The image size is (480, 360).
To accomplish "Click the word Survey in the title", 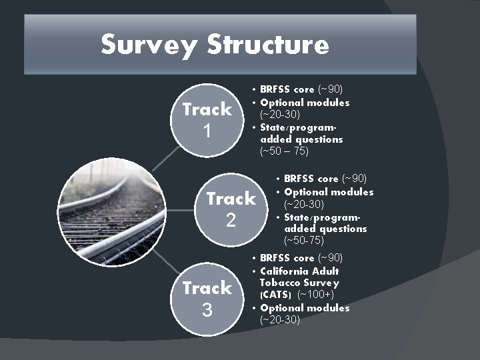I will (150, 45).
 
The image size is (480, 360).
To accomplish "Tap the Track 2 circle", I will (231, 209).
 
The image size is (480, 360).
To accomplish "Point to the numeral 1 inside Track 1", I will (207, 131).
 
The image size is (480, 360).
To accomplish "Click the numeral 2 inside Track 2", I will (231, 221).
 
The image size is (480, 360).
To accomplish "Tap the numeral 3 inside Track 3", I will (207, 310).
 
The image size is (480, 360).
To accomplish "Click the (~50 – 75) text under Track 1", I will (284, 151).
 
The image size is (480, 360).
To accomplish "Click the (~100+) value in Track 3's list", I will (315, 295).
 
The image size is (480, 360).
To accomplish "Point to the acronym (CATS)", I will (275, 295).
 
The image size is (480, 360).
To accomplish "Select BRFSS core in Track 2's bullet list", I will (311, 179).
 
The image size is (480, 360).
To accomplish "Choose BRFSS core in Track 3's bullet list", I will (287, 258).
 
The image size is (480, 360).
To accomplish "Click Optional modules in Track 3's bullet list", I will (305, 308).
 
